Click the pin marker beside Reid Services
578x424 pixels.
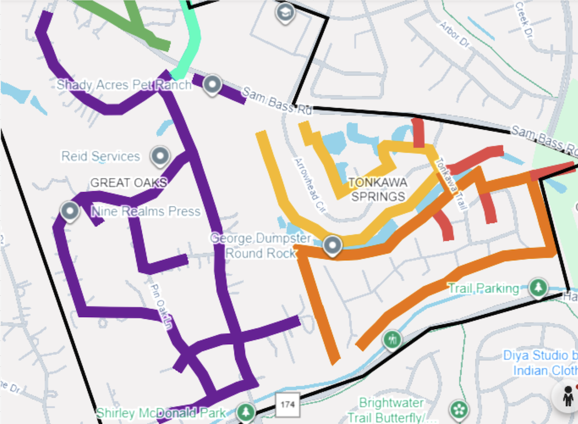click(x=160, y=156)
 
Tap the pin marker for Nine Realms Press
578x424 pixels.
click(x=71, y=212)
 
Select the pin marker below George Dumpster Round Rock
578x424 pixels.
click(x=332, y=246)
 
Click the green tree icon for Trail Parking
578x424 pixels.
click(x=539, y=287)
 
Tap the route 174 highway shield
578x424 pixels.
click(x=287, y=404)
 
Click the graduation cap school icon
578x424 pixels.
click(x=284, y=13)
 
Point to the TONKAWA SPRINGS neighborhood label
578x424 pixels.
click(x=378, y=189)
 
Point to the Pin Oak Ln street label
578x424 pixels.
click(x=162, y=306)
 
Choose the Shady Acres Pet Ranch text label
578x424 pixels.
click(x=124, y=85)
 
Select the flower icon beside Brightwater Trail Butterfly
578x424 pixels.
click(x=460, y=410)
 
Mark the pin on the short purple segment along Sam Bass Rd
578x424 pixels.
click(x=213, y=84)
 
